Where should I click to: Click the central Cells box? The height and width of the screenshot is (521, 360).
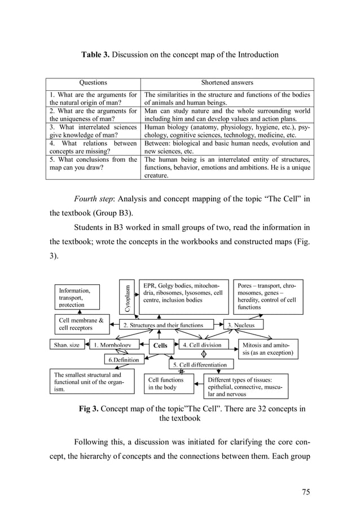point(160,345)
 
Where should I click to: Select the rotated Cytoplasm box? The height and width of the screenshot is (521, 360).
point(128,297)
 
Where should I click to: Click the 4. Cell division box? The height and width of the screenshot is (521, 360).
point(202,345)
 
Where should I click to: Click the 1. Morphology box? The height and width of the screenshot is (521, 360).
point(112,345)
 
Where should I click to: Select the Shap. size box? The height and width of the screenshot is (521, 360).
point(67,345)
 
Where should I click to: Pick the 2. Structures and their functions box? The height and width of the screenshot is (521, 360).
point(163,325)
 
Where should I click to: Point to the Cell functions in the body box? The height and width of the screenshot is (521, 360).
point(166,384)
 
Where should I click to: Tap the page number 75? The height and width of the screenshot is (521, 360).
point(306,492)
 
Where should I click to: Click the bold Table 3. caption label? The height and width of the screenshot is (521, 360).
point(95,55)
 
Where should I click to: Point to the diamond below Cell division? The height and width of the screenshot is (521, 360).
point(203,355)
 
